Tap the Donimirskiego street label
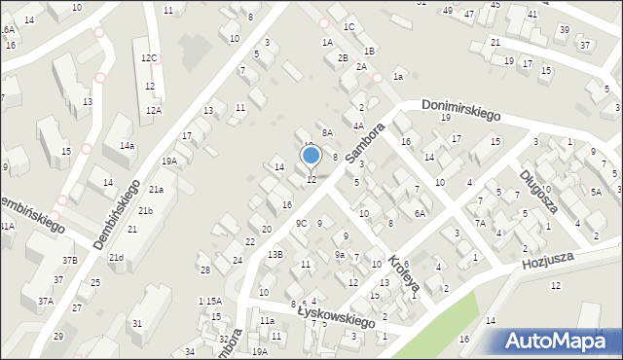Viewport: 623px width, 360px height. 460,108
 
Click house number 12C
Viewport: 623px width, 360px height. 148,58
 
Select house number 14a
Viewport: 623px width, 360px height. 127,145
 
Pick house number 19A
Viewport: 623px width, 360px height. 169,162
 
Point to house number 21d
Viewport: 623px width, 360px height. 116,257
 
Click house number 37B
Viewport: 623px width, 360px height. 70,260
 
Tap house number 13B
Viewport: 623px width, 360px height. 275,254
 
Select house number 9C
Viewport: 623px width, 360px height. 302,224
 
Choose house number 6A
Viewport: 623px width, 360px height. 421,213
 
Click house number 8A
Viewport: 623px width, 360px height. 328,132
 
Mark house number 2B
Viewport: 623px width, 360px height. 343,57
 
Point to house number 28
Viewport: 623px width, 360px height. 205,270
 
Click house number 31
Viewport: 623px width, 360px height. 138,323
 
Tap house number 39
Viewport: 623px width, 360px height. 564,30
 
